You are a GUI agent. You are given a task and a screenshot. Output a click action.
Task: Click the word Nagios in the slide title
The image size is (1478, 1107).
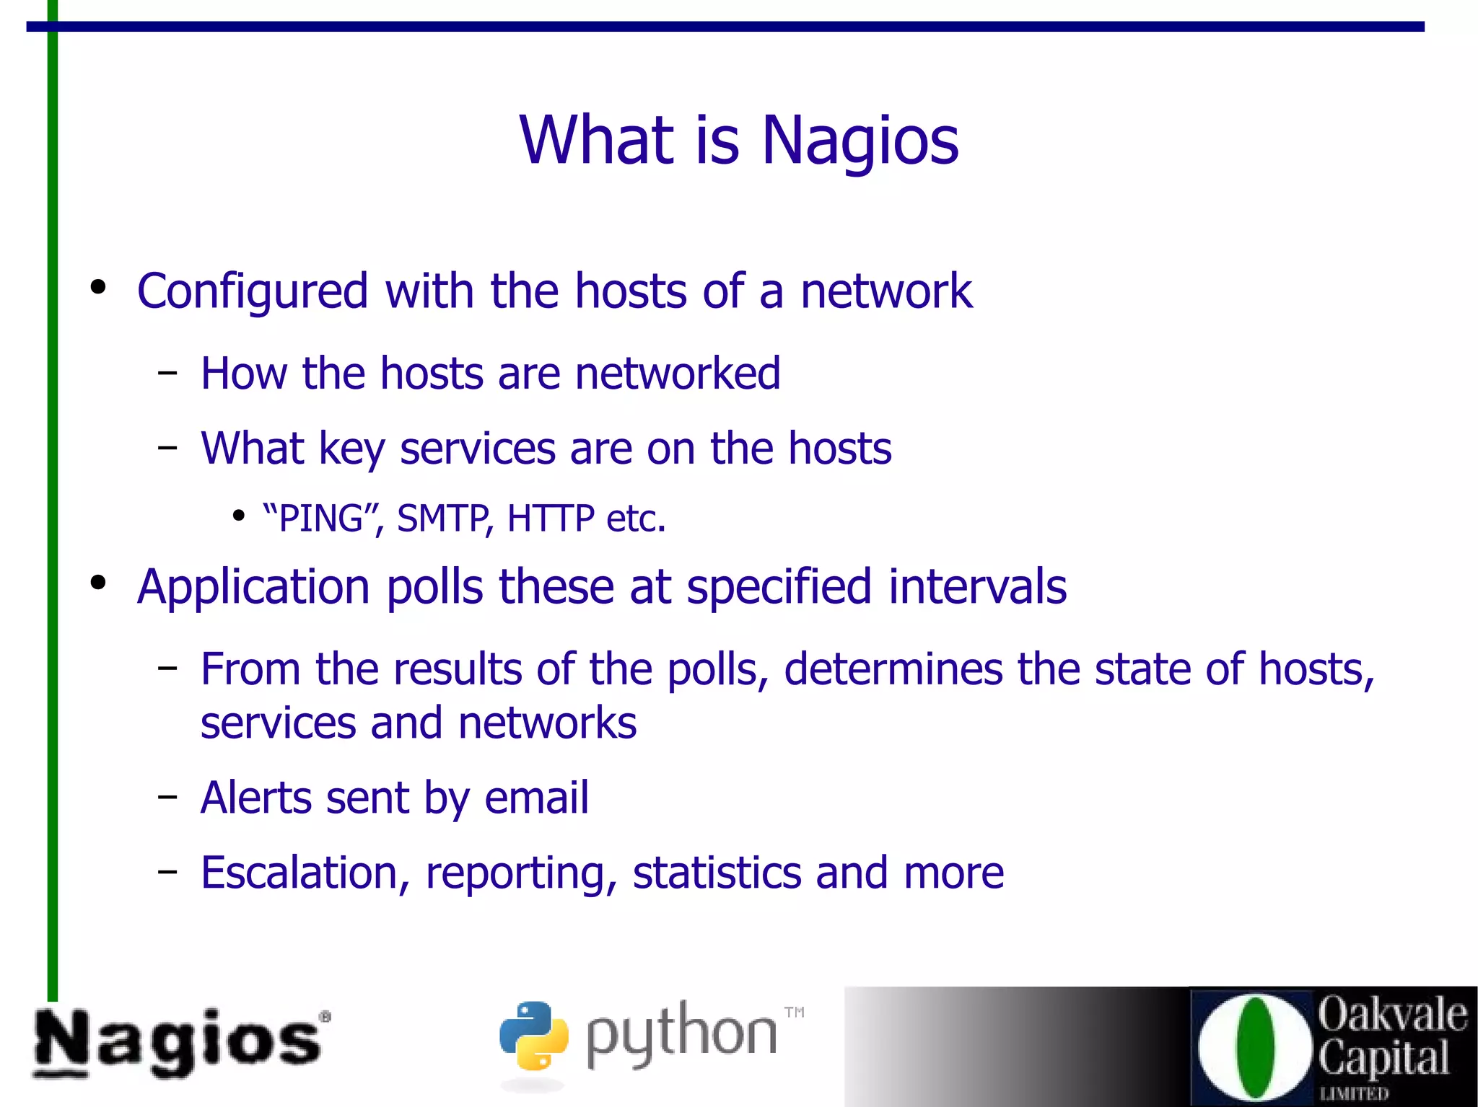pos(860,141)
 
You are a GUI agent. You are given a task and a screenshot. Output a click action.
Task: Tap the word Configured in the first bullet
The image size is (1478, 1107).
pos(253,292)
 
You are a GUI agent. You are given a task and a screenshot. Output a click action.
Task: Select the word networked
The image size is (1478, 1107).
pos(678,374)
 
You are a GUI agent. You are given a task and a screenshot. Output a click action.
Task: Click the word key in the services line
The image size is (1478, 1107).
pos(351,449)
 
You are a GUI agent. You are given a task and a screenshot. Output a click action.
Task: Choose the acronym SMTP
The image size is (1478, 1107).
pos(442,519)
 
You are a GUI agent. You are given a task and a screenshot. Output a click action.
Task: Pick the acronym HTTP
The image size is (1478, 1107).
pos(551,519)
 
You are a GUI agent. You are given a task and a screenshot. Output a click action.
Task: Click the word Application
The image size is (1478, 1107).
pos(253,587)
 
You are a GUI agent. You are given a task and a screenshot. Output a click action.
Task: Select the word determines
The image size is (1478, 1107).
pos(893,669)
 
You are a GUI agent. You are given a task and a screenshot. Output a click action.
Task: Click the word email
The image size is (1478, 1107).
pos(536,798)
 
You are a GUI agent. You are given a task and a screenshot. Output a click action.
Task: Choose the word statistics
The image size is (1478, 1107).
pos(717,873)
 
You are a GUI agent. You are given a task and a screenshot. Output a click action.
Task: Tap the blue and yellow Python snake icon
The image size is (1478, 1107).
pos(534,1035)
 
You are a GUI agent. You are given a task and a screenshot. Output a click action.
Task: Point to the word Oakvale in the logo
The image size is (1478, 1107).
pos(1392,1015)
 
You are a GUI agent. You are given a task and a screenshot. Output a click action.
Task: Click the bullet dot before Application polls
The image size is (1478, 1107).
pos(98,582)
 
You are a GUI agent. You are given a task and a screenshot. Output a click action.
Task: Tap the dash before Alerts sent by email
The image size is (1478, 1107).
pos(167,797)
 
